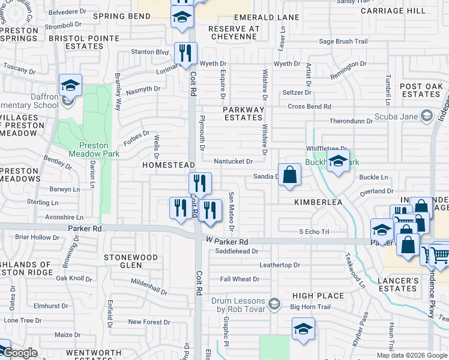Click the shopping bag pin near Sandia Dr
(x=289, y=175)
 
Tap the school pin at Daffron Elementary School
(x=70, y=86)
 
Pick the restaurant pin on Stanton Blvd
(x=185, y=53)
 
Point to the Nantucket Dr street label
(x=234, y=161)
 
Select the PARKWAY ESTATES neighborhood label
(x=243, y=114)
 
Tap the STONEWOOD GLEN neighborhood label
(x=131, y=262)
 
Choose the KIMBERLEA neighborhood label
(x=318, y=203)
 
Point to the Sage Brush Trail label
(x=343, y=41)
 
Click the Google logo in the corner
(x=20, y=353)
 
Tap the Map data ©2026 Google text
(x=411, y=355)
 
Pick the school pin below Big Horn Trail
(x=303, y=329)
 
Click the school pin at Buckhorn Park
(x=338, y=161)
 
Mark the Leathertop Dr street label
(x=279, y=265)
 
